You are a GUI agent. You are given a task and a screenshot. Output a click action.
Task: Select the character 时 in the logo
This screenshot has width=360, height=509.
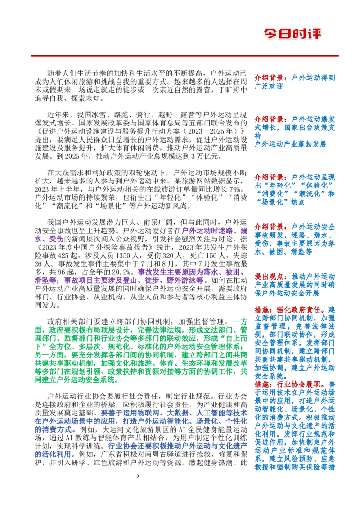[301, 34]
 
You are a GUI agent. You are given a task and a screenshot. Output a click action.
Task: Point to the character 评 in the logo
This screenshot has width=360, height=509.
[316, 34]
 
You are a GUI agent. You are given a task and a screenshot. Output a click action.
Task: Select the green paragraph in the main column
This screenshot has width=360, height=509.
[140, 353]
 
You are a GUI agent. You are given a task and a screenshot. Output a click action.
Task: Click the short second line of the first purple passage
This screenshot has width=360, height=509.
[49, 241]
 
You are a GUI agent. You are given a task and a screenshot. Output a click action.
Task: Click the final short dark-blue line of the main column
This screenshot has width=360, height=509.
[52, 455]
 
